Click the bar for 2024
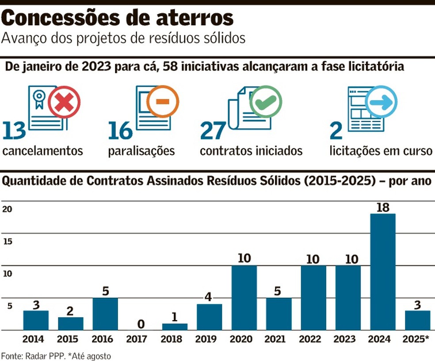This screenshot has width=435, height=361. [382, 272]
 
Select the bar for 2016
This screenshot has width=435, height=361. [105, 314]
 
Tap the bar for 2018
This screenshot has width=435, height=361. [175, 326]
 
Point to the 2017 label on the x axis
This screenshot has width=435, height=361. [140, 339]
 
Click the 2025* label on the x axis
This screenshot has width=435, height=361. [417, 339]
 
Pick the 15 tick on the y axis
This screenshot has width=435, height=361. [7, 242]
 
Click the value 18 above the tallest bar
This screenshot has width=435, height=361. [382, 207]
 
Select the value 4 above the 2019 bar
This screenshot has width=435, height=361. [210, 297]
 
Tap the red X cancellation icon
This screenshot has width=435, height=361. [65, 102]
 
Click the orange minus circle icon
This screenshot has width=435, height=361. [162, 101]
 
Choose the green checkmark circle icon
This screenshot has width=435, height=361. [266, 101]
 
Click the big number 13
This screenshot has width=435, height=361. [15, 130]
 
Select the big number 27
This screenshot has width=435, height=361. [213, 130]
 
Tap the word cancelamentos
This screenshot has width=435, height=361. [42, 151]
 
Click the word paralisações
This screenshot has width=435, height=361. [141, 151]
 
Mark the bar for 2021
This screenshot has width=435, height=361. [279, 314]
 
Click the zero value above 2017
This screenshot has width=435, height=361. [140, 324]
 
